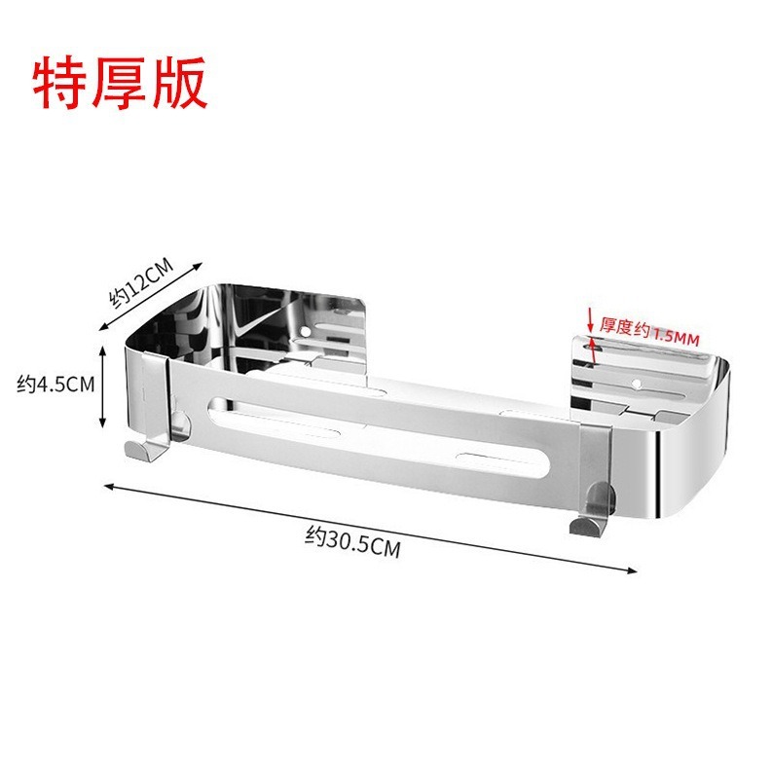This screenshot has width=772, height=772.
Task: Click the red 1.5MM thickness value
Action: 676,335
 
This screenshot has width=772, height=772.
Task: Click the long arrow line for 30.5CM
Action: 370,527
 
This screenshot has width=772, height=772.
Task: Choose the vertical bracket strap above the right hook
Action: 596,467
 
